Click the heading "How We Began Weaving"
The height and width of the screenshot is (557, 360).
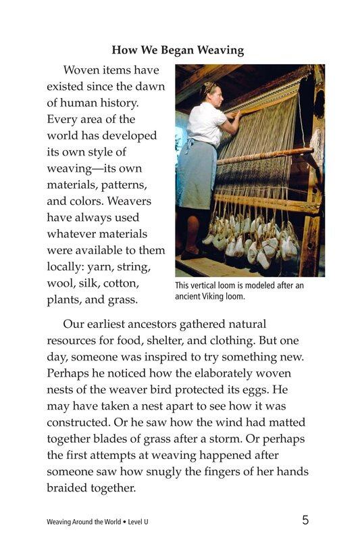pyautogui.click(x=178, y=49)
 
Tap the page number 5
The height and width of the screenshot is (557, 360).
pyautogui.click(x=306, y=520)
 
